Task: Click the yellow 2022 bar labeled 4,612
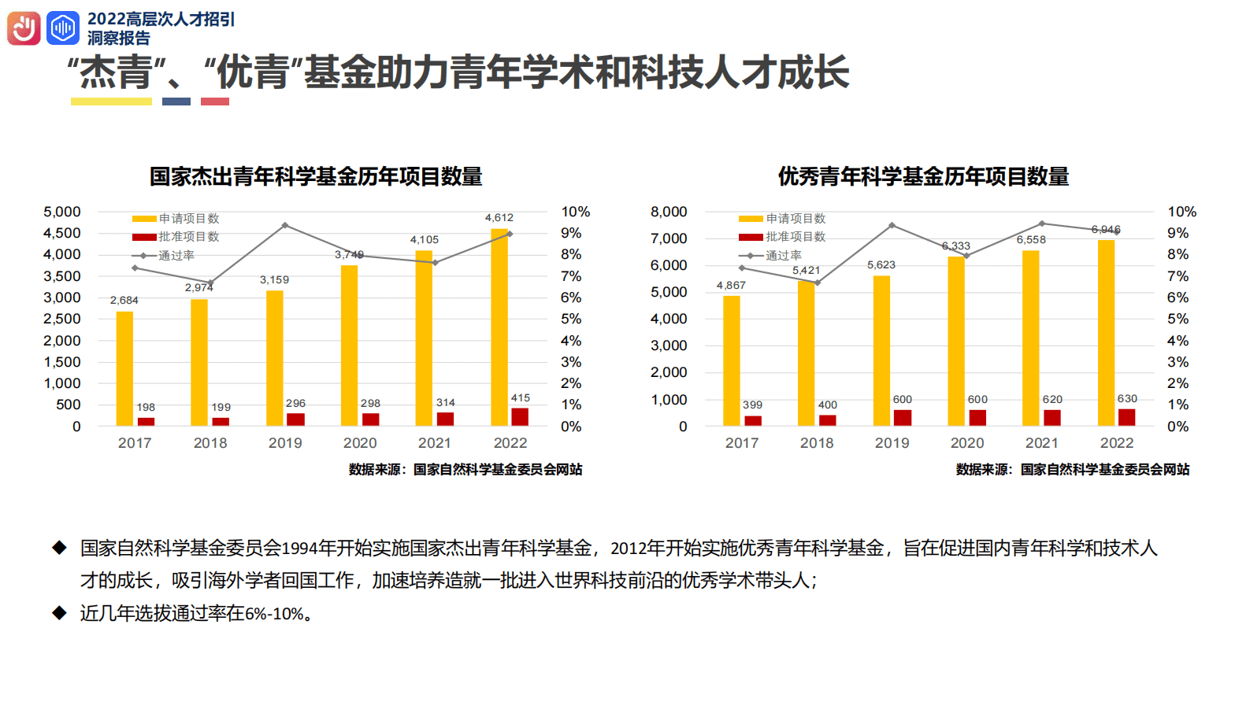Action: tap(499, 327)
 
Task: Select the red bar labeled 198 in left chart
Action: tap(146, 421)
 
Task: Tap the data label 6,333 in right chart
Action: tap(955, 246)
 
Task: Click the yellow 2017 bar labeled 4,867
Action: tap(731, 360)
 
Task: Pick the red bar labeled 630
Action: tap(1126, 417)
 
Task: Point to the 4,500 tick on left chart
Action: tap(62, 233)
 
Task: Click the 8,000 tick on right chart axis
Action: tap(669, 212)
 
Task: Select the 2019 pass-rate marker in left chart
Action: tap(285, 226)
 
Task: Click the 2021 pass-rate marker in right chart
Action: tap(1042, 224)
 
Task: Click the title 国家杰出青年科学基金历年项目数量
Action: tap(316, 176)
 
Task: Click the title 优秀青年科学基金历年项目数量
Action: tap(923, 176)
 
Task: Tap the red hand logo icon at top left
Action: tap(24, 29)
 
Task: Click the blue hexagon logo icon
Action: tap(63, 29)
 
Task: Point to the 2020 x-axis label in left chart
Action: tap(360, 443)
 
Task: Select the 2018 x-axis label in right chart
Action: tap(817, 443)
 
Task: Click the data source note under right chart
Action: tap(1072, 469)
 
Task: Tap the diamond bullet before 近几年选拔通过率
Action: tap(60, 613)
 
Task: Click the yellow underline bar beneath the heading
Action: tap(111, 102)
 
